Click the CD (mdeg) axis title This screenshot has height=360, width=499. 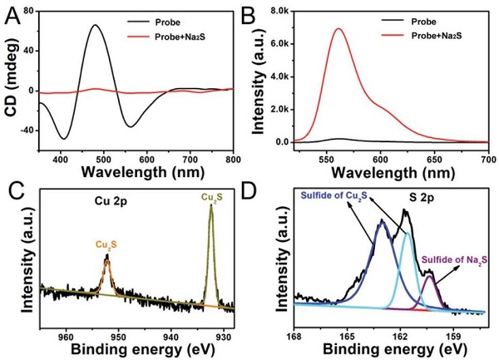click(x=11, y=79)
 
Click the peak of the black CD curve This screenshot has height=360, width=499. click(x=95, y=26)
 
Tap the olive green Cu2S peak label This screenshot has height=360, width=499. click(x=211, y=197)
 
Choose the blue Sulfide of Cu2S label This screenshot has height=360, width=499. click(x=337, y=196)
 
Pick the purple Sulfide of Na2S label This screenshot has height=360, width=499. click(x=454, y=260)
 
